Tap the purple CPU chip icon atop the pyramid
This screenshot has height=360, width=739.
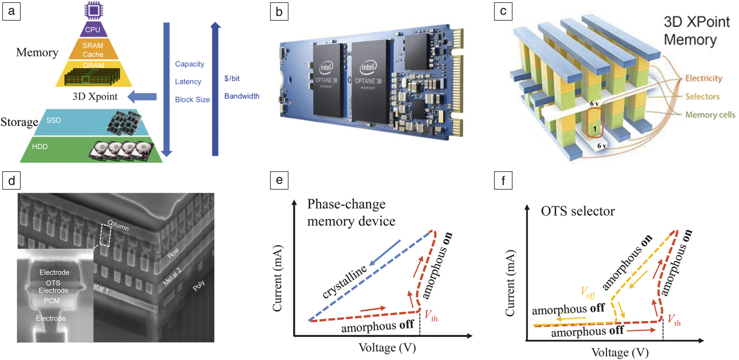[91, 10]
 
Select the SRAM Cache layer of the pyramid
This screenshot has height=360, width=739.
[92, 50]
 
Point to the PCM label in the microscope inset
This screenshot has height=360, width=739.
[52, 300]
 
